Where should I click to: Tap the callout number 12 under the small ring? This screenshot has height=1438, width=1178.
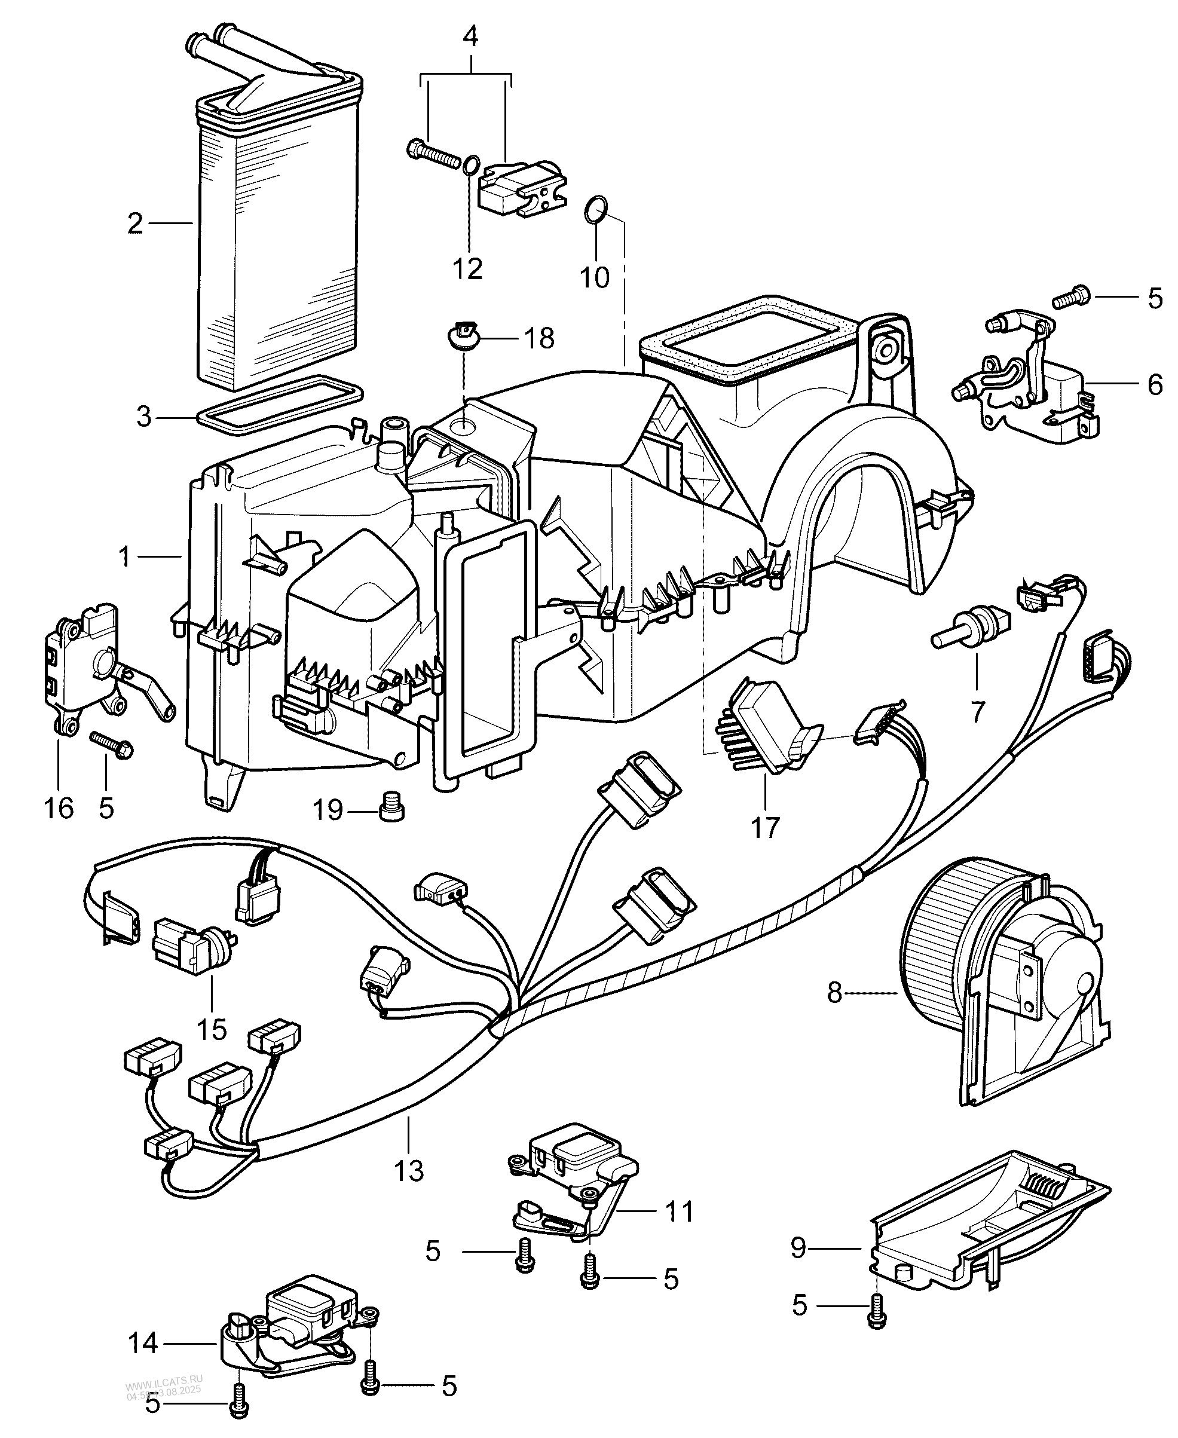tap(467, 269)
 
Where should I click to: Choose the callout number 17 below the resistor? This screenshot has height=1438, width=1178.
tap(765, 827)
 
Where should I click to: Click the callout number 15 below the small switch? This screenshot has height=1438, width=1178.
tap(211, 1029)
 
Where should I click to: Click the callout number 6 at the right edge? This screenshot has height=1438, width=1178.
tap(1155, 385)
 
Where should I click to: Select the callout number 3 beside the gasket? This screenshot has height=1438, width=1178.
tap(143, 417)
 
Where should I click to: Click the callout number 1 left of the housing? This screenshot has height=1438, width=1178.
tap(124, 556)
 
